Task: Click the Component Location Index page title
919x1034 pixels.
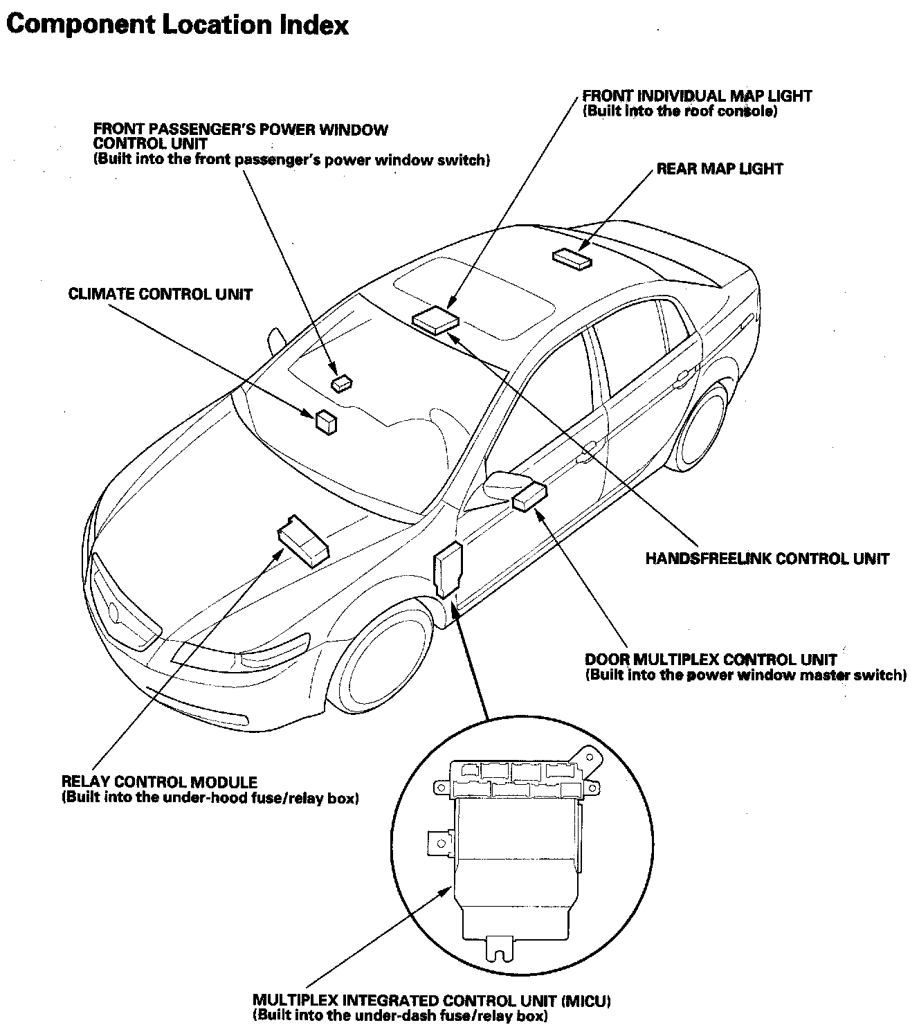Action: pos(176,25)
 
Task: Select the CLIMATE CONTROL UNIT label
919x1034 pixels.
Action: pos(160,294)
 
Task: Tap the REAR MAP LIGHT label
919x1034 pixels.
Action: pos(719,169)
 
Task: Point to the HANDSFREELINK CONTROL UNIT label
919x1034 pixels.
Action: pos(767,559)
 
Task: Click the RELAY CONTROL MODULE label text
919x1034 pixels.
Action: pos(160,782)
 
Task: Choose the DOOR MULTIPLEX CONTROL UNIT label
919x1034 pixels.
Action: pos(711,660)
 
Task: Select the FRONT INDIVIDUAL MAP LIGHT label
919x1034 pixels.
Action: pos(697,96)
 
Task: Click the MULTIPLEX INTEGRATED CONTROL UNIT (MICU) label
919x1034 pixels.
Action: pos(431,1001)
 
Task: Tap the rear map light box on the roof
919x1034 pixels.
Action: pos(572,258)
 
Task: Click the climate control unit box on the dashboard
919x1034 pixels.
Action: pos(326,421)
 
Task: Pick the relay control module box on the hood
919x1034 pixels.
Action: pos(302,540)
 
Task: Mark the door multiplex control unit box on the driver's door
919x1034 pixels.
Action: pos(531,496)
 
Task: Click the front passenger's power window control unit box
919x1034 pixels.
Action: pos(341,382)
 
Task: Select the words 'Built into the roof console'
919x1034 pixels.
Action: pos(680,111)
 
